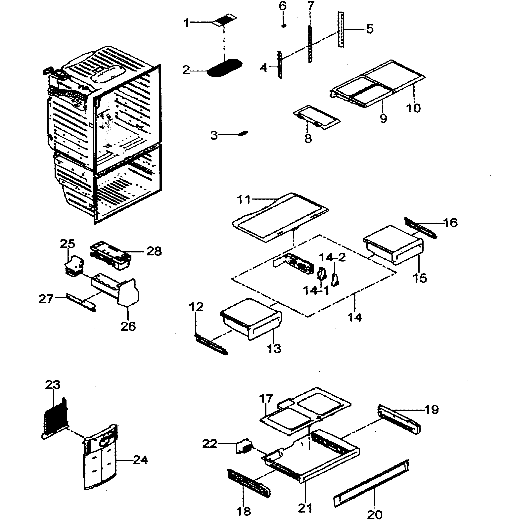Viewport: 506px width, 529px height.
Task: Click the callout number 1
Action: [x=187, y=23]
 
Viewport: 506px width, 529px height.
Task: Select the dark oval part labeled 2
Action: [x=224, y=68]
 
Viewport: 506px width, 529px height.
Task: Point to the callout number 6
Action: [x=282, y=6]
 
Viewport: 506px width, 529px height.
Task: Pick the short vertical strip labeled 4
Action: [x=280, y=65]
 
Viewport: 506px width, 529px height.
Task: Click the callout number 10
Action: [x=413, y=108]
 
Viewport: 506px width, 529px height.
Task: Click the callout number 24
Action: [x=140, y=460]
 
